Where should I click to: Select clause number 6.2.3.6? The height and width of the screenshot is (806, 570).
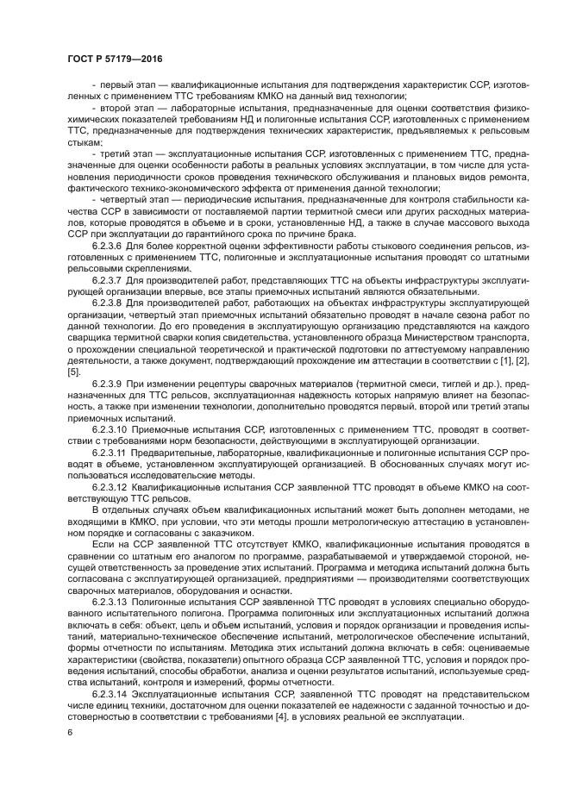107,245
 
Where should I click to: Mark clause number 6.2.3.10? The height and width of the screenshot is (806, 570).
110,428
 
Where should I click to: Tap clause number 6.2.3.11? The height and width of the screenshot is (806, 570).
110,452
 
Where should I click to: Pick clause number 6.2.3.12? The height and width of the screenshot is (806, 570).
110,486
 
